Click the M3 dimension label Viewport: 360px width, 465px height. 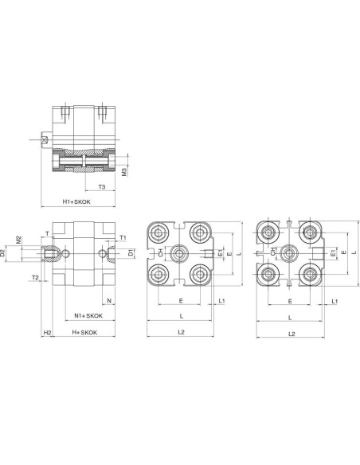click(124, 172)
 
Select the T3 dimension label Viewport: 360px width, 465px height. click(102, 187)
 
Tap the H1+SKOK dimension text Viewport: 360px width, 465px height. click(76, 201)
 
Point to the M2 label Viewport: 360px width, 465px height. click(18, 240)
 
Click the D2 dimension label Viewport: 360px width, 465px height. click(2, 253)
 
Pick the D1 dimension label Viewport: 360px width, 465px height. click(131, 253)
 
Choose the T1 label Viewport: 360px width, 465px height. click(123, 237)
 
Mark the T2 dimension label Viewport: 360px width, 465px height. click(35, 277)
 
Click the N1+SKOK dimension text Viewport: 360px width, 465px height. click(88, 316)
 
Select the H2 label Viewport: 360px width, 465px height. click(47, 333)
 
